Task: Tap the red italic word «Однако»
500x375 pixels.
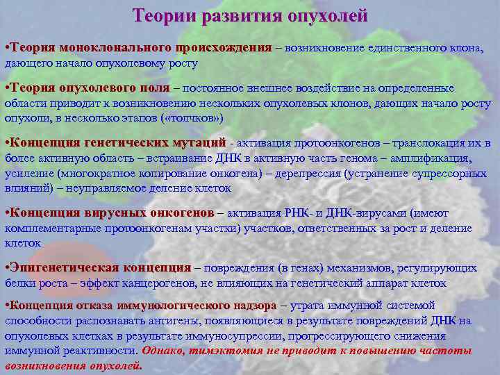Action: [165, 351]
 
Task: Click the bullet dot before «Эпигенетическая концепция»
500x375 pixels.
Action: [7, 268]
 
